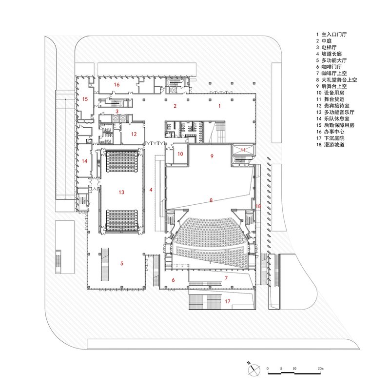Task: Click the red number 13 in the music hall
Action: click(121, 192)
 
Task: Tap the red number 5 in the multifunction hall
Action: click(122, 263)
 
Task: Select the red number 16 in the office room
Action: click(117, 84)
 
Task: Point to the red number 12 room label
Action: click(134, 134)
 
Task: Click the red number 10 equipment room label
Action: click(180, 154)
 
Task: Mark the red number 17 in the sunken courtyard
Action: click(228, 301)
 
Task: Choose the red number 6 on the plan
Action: click(174, 280)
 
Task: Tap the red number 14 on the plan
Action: click(84, 161)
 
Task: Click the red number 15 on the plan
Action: click(85, 99)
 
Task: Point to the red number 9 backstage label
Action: click(212, 156)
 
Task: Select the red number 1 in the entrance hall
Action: click(219, 106)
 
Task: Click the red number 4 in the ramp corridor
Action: click(151, 190)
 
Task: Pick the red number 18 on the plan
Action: click(258, 206)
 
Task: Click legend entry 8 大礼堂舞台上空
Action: click(336, 80)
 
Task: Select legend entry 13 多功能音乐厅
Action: click(335, 112)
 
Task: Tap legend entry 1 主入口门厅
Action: click(331, 34)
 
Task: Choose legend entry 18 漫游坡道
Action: click(331, 144)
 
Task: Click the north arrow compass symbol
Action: click(253, 369)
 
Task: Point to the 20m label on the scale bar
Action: click(321, 369)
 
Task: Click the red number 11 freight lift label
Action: click(243, 150)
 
